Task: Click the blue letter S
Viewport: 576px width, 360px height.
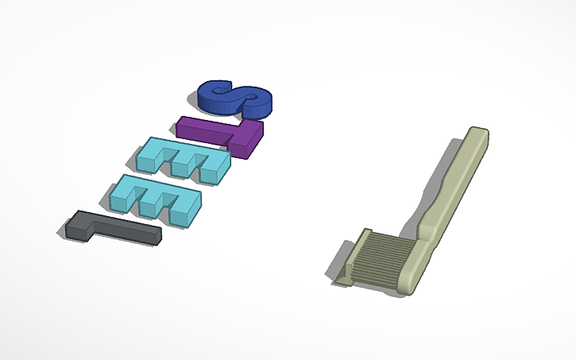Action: [x=235, y=98]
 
